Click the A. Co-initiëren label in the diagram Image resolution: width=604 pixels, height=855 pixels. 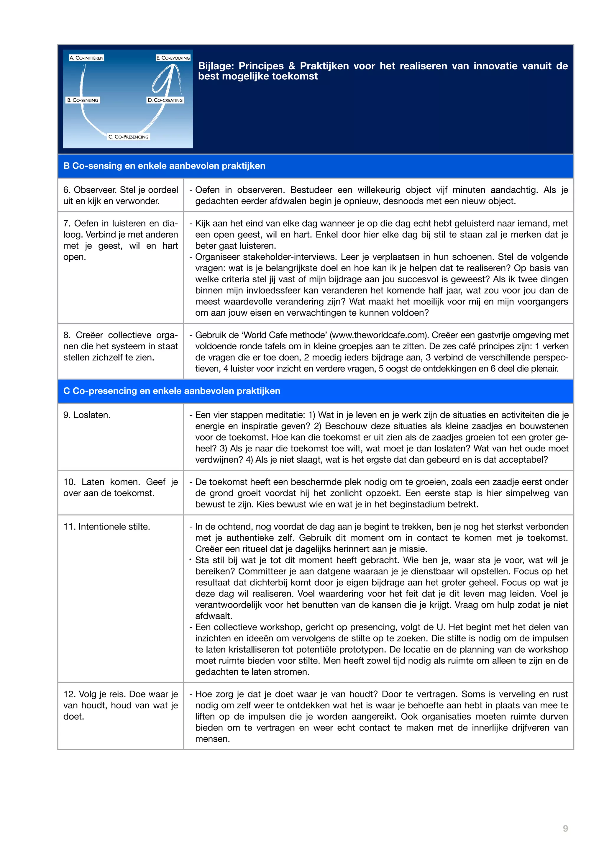86,58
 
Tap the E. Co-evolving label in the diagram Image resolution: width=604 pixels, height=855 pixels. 173,58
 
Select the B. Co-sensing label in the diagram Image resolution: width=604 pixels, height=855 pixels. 83,100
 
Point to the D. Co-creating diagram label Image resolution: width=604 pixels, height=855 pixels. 165,100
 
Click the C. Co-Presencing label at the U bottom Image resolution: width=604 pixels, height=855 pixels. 128,137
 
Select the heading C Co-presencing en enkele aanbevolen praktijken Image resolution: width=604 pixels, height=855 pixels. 172,391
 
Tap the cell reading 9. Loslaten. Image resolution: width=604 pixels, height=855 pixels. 87,415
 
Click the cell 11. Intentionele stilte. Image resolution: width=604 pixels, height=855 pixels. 106,527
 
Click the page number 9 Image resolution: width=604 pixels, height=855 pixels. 565,828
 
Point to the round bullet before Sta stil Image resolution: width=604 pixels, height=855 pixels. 190,559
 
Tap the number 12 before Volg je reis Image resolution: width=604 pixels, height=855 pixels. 68,694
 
